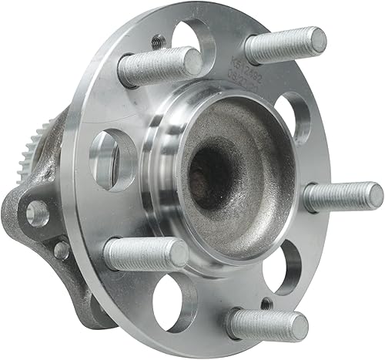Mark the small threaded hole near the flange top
tap(158, 42)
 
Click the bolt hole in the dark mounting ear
tap(35, 213)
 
